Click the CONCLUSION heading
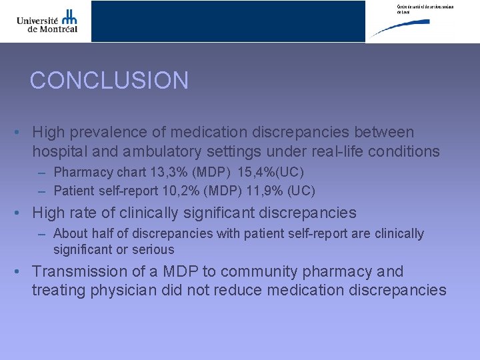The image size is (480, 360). pyautogui.click(x=109, y=81)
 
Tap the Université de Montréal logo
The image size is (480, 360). pyautogui.click(x=47, y=21)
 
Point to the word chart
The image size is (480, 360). pyautogui.click(x=130, y=172)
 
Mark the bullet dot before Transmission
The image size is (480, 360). pyautogui.click(x=19, y=272)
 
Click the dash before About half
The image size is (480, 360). pyautogui.click(x=42, y=234)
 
